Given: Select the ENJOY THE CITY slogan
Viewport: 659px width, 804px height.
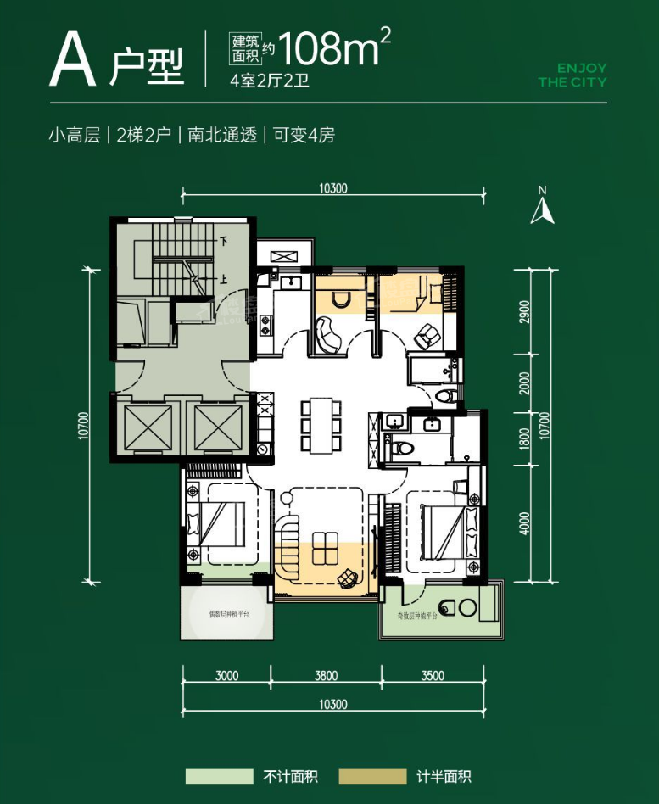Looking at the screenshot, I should [572, 75].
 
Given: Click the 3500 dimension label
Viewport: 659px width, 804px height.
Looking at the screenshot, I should [432, 676].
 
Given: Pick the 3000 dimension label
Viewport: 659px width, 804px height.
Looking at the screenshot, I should [226, 676].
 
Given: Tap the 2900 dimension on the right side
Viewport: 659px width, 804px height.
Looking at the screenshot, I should [525, 312].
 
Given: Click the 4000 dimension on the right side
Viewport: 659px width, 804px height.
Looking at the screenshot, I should [525, 522].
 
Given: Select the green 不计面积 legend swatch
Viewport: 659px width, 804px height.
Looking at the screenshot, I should [220, 776].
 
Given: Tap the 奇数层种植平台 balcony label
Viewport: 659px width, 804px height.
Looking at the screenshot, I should [416, 617].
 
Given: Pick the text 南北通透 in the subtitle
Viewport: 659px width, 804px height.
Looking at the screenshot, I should [223, 135].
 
